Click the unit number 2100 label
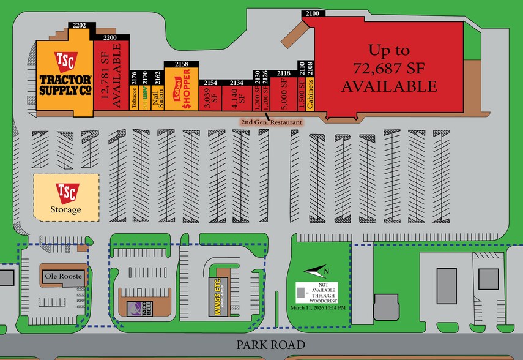click(312, 13)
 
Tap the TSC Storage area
click(65, 198)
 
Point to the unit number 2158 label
click(182, 64)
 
